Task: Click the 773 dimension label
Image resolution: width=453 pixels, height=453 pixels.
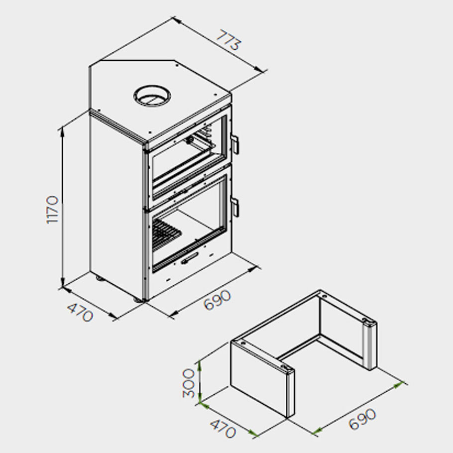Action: (x=228, y=40)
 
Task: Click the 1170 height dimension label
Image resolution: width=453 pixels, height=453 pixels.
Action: (x=52, y=210)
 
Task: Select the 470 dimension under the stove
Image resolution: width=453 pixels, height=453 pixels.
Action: (x=80, y=313)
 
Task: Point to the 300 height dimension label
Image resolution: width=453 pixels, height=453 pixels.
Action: (x=189, y=383)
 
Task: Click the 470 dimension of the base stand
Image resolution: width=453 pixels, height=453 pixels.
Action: (x=223, y=429)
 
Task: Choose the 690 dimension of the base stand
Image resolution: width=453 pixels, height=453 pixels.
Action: (x=362, y=419)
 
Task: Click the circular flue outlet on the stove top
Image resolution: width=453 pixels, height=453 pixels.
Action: (x=152, y=96)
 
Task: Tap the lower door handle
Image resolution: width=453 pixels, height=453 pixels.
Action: (x=235, y=207)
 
